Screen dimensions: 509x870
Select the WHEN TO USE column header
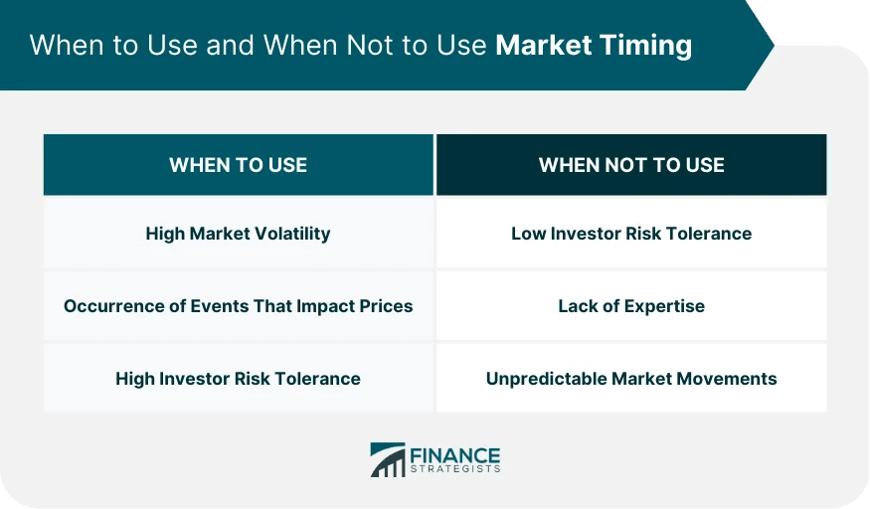(x=238, y=165)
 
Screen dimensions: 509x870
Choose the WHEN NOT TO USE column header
(x=631, y=165)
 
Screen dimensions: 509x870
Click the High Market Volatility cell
(x=238, y=234)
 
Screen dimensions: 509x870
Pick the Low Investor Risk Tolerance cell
(x=631, y=234)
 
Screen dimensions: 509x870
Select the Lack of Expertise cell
(x=631, y=306)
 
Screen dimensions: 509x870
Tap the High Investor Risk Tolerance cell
(x=238, y=379)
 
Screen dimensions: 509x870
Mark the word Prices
(x=387, y=306)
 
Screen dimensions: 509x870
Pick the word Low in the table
(x=527, y=234)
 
